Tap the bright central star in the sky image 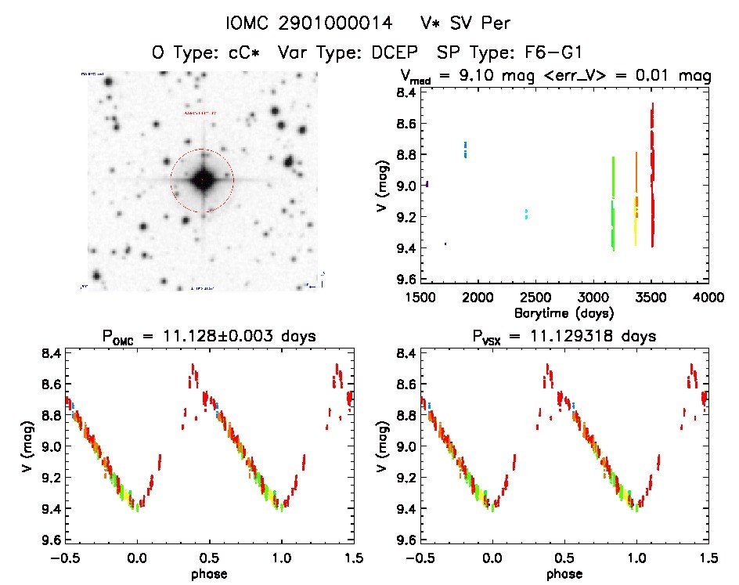tap(203, 180)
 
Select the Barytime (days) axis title tap(564, 312)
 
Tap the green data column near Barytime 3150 tap(613, 204)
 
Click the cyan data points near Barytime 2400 tap(526, 213)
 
